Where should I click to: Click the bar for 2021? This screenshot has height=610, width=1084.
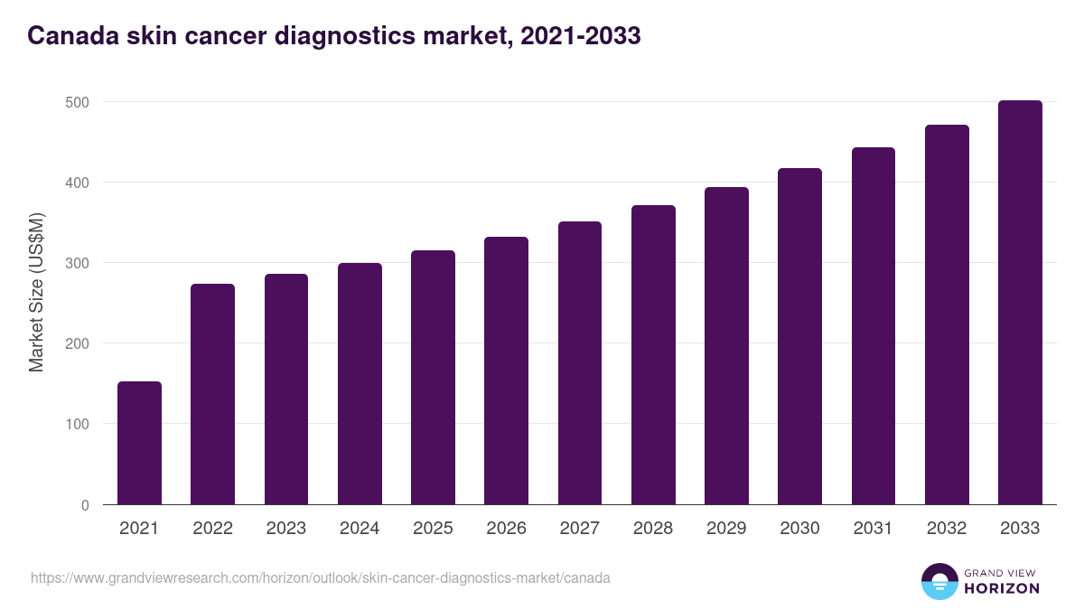click(139, 443)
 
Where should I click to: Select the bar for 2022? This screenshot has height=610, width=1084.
click(212, 394)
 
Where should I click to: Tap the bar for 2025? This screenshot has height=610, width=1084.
click(433, 378)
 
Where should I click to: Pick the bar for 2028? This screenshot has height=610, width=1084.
click(653, 355)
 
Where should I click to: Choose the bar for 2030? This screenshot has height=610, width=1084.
click(799, 336)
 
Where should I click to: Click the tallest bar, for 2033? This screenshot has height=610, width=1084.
click(1020, 303)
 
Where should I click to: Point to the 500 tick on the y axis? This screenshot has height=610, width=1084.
click(79, 102)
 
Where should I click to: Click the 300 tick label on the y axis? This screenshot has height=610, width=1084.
click(79, 263)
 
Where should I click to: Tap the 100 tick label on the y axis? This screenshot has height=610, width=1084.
click(79, 424)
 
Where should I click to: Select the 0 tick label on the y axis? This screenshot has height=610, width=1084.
click(85, 505)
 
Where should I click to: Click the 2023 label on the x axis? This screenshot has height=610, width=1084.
click(285, 529)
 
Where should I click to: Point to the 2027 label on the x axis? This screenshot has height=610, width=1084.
click(579, 529)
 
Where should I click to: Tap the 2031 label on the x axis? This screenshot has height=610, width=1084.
click(873, 529)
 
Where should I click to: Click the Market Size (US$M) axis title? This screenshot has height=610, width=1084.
click(36, 292)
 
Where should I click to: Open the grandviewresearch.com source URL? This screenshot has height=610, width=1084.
click(321, 577)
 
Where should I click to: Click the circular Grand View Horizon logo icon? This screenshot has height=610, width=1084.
click(939, 581)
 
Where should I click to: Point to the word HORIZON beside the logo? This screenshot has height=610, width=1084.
click(1002, 588)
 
